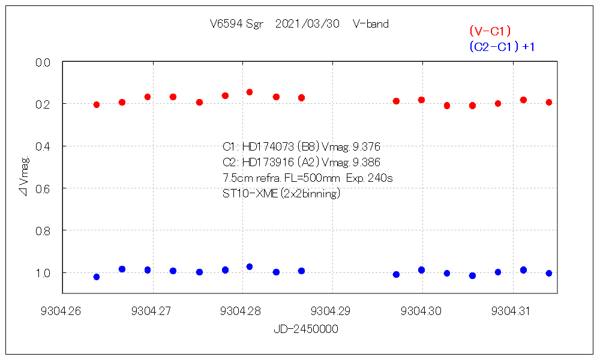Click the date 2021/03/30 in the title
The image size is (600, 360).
click(x=307, y=25)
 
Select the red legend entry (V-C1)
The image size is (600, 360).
click(x=490, y=31)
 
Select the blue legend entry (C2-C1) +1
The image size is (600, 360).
click(x=501, y=47)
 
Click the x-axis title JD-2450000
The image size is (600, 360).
click(x=306, y=329)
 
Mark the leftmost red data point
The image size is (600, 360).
click(x=97, y=105)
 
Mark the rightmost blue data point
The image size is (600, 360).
click(x=548, y=273)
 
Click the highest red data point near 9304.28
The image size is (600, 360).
click(x=250, y=92)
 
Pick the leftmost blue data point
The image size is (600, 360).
click(x=97, y=277)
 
